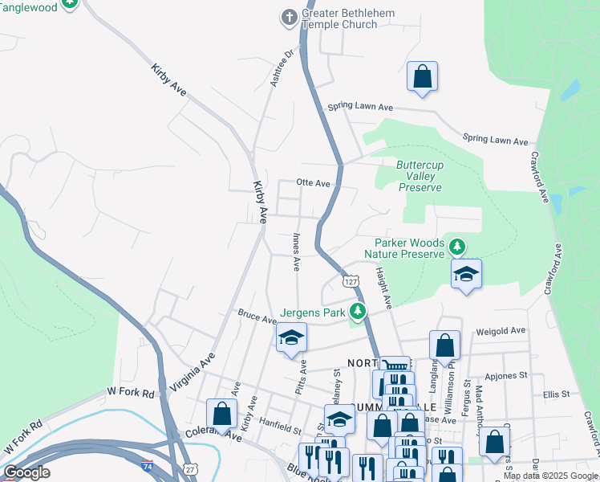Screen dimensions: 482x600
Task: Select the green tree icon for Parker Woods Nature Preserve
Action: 457,245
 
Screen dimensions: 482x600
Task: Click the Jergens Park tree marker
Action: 358,312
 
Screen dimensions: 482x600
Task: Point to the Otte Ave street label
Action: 314,183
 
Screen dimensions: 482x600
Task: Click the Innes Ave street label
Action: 296,251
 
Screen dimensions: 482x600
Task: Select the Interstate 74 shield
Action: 147,465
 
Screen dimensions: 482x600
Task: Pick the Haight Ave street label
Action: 383,288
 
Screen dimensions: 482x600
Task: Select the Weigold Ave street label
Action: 500,330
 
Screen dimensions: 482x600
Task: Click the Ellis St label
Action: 555,394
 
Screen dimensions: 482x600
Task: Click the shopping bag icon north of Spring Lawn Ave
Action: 422,77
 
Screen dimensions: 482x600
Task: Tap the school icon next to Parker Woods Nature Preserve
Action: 466,275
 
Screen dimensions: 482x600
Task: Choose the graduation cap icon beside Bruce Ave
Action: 291,337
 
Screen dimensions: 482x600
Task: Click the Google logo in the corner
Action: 26,472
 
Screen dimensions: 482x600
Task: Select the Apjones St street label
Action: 505,375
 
